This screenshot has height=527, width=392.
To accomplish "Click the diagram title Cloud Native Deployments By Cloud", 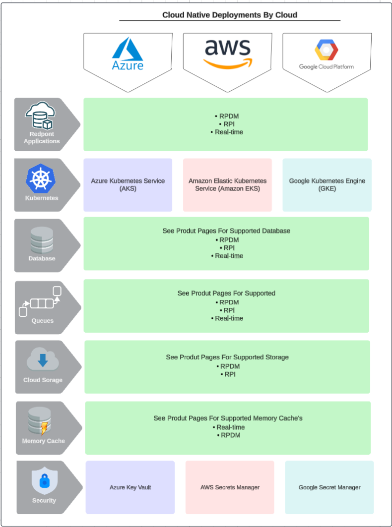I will coord(230,15).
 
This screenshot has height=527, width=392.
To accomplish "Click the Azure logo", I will coord(128,55).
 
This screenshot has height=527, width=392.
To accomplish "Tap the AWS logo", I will coord(228,54).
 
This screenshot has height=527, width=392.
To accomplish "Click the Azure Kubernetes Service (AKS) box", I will coord(128,185).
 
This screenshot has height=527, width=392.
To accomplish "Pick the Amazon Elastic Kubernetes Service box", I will coord(227,185).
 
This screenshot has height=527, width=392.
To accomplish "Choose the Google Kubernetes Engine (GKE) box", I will coord(327,185).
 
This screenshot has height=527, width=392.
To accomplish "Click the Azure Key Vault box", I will coord(130,487).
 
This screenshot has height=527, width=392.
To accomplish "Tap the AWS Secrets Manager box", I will coord(230,487).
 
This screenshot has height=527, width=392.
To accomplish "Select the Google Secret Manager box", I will coord(329,487).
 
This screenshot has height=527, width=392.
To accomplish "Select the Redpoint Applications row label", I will coord(42,138).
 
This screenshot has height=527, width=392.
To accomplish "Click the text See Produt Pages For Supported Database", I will coord(226,231).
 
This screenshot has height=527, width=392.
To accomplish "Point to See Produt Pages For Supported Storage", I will coord(227,357).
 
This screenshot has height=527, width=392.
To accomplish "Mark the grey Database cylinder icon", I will coord(42,240).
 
